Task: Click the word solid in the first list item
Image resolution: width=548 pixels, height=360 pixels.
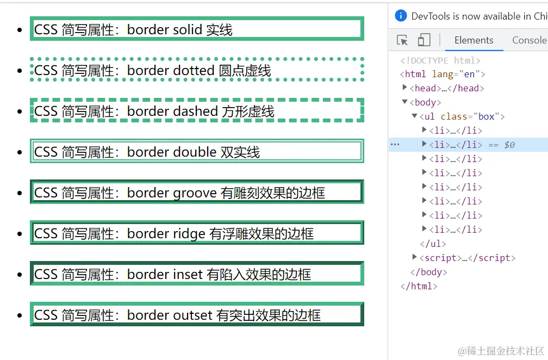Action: [x=183, y=30]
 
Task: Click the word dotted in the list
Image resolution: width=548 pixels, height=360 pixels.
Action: [x=194, y=71]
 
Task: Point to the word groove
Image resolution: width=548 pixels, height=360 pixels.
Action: [x=195, y=193]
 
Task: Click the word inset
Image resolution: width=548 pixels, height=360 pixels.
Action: [x=188, y=275]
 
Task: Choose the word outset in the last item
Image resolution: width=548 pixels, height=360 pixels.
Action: [x=192, y=315]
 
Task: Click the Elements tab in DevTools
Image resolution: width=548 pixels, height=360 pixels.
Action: [x=474, y=40]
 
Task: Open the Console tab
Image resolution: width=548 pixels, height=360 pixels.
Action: [x=530, y=40]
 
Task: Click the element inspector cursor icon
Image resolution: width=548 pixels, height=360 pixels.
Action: [x=402, y=40]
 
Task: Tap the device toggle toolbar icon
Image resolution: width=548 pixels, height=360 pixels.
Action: [x=424, y=40]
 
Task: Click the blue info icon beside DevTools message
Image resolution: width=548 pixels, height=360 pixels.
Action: [x=401, y=16]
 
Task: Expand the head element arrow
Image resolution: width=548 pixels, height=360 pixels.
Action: [x=404, y=88]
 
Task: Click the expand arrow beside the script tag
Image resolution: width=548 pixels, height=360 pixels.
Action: [x=414, y=257]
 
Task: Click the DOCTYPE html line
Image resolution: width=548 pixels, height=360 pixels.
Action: [x=440, y=60]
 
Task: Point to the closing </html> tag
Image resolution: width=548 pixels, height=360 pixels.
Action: [x=419, y=286]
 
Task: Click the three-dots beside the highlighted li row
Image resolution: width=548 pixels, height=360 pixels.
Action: [x=395, y=144]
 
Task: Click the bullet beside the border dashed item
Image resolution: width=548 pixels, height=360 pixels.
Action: [x=20, y=111]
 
